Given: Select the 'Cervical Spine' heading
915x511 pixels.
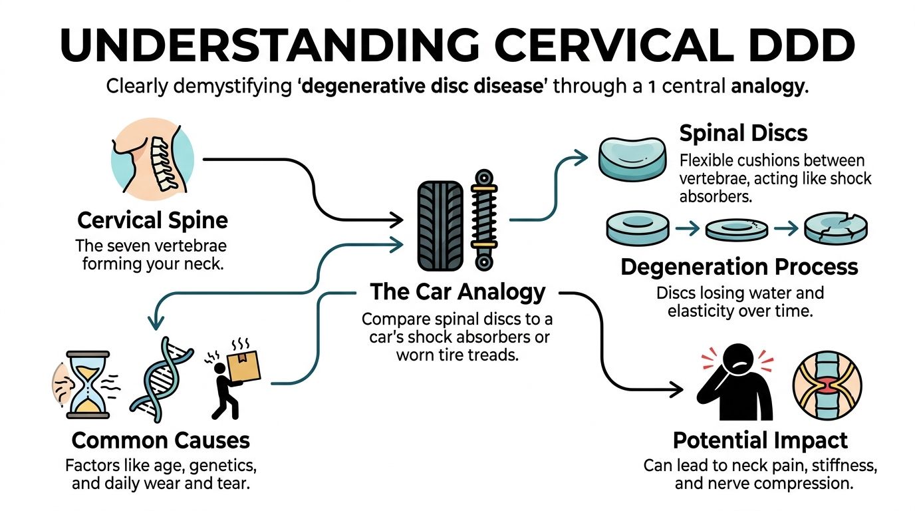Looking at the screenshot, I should (x=152, y=220).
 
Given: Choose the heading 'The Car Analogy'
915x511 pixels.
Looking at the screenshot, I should (x=457, y=291).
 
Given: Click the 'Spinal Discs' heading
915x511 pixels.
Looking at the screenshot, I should (x=743, y=133).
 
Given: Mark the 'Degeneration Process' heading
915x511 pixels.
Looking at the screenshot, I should (x=739, y=267).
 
